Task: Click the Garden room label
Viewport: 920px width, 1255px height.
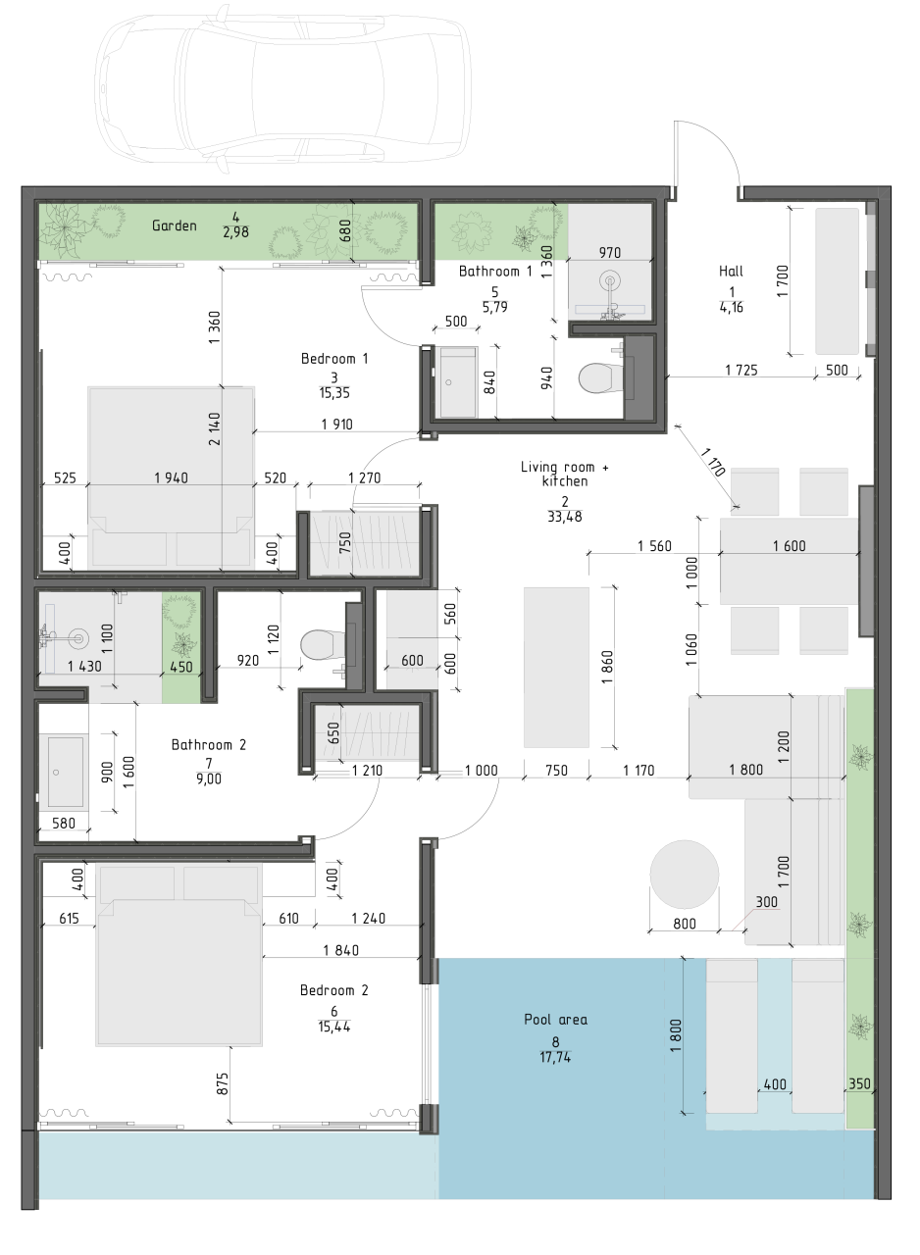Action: click(x=175, y=226)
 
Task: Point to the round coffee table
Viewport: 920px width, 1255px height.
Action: click(x=684, y=875)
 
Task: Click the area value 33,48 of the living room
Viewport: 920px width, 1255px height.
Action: click(x=564, y=517)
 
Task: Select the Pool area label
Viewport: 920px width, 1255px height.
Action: click(x=555, y=1020)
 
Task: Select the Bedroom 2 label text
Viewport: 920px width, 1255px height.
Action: click(x=333, y=990)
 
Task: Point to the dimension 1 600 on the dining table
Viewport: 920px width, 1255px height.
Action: click(x=789, y=546)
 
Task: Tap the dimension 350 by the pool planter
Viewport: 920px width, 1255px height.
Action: click(x=858, y=1084)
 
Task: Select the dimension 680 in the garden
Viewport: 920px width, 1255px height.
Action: click(x=344, y=229)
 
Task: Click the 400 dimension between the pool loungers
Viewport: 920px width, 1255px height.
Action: click(x=774, y=1084)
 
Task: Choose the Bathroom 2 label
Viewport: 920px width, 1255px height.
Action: click(x=209, y=745)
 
